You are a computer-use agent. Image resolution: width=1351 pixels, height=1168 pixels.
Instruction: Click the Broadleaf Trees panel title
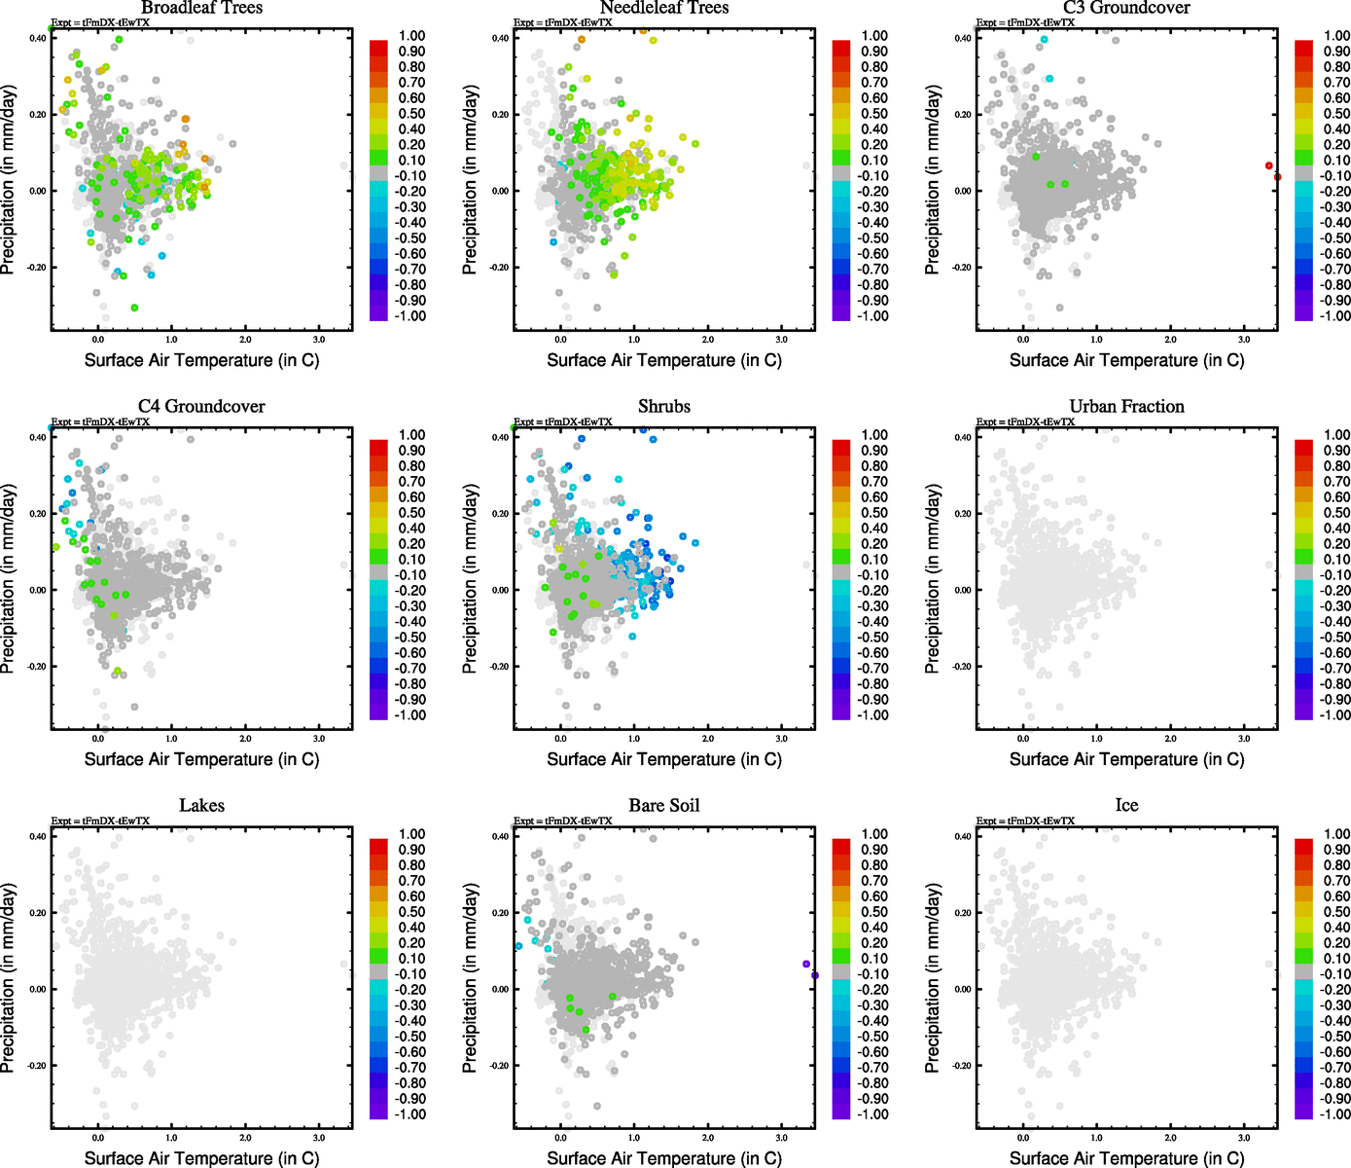click(x=201, y=8)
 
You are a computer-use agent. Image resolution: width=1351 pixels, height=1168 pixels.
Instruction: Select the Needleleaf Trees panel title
click(x=663, y=8)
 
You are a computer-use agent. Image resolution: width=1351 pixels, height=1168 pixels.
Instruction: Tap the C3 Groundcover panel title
click(x=1126, y=8)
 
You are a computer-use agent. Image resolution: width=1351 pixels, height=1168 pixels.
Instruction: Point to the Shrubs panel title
click(x=664, y=407)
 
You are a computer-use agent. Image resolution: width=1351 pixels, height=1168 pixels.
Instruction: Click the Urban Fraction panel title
click(x=1126, y=407)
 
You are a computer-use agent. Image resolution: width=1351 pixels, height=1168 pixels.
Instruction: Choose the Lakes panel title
click(x=201, y=806)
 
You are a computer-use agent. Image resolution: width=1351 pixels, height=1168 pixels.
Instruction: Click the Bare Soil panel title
click(x=664, y=806)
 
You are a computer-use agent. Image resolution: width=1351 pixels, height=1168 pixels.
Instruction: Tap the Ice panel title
click(x=1126, y=806)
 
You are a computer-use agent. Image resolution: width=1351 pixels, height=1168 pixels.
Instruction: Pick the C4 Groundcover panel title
click(x=201, y=407)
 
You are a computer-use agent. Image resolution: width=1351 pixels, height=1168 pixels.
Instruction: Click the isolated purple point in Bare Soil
click(x=806, y=964)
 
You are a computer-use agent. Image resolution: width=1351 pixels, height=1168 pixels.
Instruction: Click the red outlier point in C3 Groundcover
click(x=1268, y=165)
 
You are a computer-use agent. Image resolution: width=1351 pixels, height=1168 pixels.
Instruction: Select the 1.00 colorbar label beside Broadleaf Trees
click(x=411, y=36)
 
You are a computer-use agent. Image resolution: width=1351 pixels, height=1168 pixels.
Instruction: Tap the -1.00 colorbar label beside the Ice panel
click(x=1334, y=1114)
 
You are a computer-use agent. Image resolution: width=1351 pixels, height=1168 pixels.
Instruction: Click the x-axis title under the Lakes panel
click(x=201, y=1158)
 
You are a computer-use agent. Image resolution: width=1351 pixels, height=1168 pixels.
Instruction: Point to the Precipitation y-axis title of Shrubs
click(x=471, y=579)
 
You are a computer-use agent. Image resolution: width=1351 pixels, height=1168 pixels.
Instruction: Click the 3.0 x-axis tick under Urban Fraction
click(x=1244, y=739)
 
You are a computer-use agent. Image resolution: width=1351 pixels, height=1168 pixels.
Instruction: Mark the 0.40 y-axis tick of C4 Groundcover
click(x=38, y=438)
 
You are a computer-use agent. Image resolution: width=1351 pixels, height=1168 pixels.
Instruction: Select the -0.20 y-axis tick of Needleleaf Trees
click(x=499, y=268)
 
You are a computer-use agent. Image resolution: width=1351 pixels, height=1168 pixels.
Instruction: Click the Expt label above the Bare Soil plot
click(x=563, y=821)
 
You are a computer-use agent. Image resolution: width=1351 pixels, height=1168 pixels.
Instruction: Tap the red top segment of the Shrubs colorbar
click(x=841, y=447)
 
